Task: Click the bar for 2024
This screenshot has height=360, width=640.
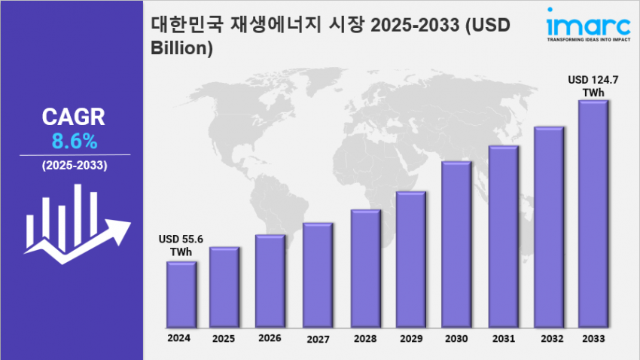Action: click(181, 294)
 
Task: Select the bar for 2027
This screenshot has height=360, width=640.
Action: click(318, 275)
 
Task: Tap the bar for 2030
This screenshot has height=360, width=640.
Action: click(456, 244)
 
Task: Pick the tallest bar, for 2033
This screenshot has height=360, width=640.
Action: click(593, 214)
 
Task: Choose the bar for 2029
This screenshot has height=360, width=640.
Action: click(411, 259)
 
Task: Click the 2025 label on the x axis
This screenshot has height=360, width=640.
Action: click(224, 340)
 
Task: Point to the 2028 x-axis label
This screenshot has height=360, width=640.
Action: click(364, 339)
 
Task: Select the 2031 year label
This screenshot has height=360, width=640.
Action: click(503, 339)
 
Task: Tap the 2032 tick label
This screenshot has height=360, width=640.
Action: click(549, 339)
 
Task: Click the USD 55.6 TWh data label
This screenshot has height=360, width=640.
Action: click(181, 245)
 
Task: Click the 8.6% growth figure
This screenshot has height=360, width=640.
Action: click(75, 141)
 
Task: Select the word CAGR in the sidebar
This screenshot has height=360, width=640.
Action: click(74, 117)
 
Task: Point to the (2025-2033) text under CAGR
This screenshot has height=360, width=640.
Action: click(74, 165)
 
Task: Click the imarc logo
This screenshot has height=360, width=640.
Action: click(584, 21)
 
